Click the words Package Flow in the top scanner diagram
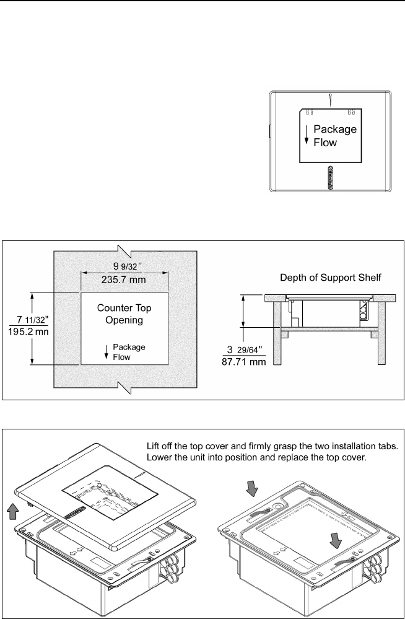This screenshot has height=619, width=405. pyautogui.click(x=334, y=136)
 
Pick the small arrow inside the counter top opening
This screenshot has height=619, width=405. pyautogui.click(x=106, y=352)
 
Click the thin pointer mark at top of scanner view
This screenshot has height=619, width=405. pyautogui.click(x=331, y=99)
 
